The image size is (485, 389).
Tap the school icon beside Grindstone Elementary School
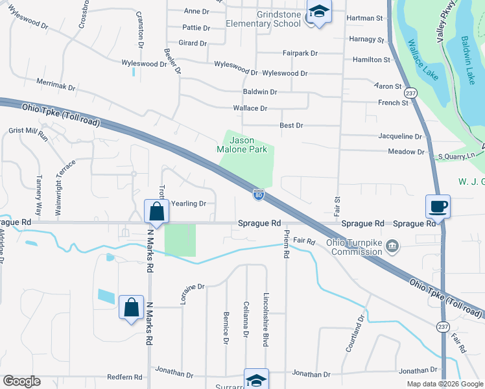[318, 12]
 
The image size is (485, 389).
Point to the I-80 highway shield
[258, 194]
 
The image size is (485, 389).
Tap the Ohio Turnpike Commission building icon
[392, 246]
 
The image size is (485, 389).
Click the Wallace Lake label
[423, 59]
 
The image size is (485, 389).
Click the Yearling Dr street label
[188, 204]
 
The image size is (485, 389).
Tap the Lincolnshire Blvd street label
[266, 319]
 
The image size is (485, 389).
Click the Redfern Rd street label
[124, 377]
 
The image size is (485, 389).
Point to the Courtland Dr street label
[355, 333]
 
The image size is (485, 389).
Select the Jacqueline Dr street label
[400, 137]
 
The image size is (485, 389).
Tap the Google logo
[21, 381]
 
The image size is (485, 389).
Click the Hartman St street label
[365, 19]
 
